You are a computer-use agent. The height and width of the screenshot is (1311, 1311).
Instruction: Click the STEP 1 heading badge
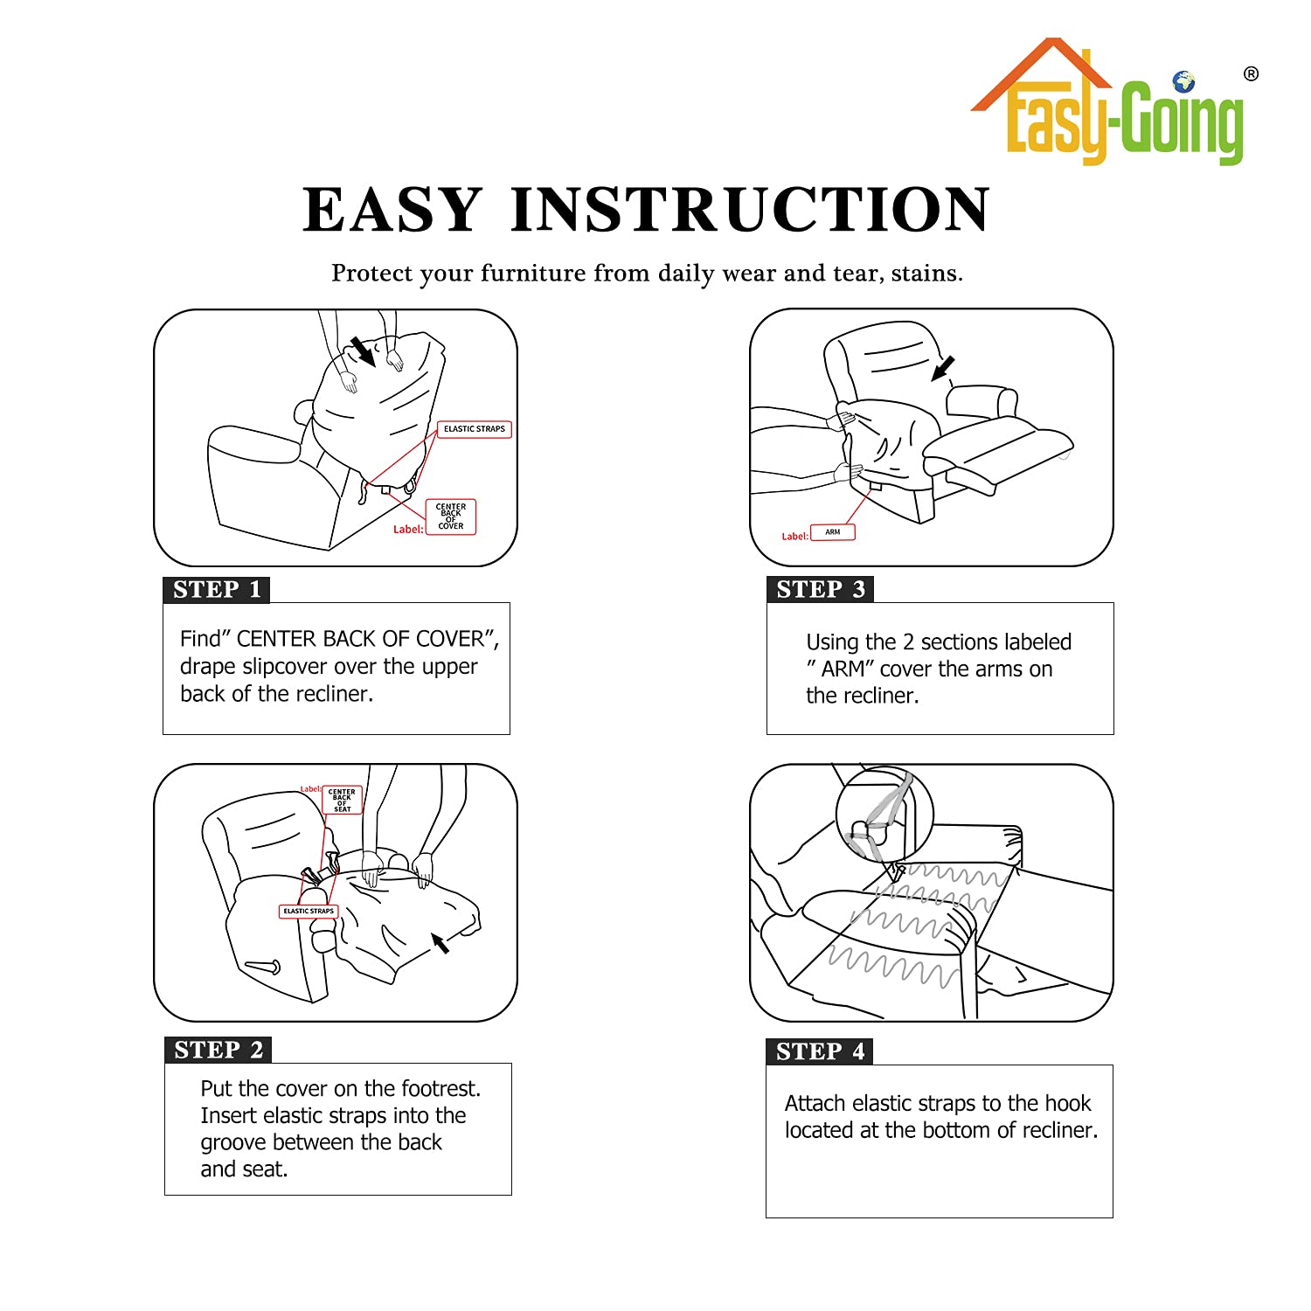click(217, 590)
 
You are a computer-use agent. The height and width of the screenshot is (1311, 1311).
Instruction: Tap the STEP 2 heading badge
click(218, 1050)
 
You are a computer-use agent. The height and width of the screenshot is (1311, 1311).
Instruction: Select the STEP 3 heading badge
click(821, 589)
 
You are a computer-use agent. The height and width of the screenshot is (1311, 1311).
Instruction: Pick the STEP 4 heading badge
click(820, 1051)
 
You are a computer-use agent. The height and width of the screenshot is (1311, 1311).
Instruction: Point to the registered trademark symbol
click(1252, 74)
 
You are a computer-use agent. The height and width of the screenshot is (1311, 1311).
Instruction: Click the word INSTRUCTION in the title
click(750, 210)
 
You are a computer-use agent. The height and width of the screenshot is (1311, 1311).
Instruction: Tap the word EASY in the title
click(392, 210)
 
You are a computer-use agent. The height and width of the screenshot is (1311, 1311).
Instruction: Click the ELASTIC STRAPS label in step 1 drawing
click(475, 429)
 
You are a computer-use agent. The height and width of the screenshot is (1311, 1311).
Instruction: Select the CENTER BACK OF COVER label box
click(451, 517)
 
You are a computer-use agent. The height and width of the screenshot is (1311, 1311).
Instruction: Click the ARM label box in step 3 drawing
click(833, 532)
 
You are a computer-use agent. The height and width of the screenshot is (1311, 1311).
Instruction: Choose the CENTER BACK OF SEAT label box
click(342, 800)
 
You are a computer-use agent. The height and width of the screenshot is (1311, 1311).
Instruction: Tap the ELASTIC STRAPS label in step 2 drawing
click(309, 911)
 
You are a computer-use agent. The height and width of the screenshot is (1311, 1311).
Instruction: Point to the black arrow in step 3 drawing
click(943, 369)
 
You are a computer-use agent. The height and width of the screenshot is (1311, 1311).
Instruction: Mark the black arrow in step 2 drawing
click(440, 942)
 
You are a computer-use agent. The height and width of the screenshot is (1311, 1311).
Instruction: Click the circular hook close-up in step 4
click(885, 815)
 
